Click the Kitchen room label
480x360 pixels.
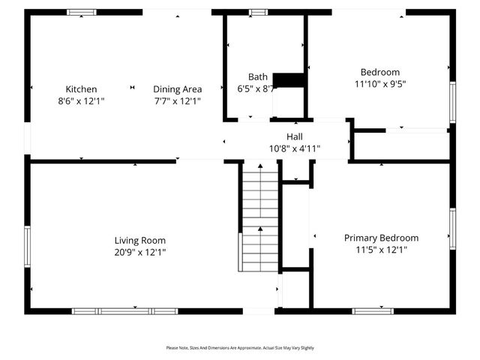(81, 89)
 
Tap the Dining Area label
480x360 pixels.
(178, 89)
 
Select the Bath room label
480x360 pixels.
(258, 76)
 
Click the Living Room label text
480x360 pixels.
(139, 240)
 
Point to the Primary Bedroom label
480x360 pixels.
(381, 238)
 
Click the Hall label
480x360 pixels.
(294, 136)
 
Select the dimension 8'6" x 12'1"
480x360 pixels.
(81, 100)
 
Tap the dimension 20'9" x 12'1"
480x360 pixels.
(139, 252)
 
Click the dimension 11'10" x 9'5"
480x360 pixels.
(381, 84)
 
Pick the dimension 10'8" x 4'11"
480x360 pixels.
(294, 148)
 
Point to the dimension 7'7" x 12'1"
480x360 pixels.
(178, 100)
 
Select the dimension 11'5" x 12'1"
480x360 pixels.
(381, 250)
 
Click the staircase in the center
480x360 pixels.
(259, 217)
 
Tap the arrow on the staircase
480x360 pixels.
(259, 229)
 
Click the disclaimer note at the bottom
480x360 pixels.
(240, 348)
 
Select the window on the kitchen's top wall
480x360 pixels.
(81, 12)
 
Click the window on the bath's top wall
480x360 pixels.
(259, 12)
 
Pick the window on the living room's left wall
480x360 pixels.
(28, 247)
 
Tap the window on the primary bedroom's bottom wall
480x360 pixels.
(373, 310)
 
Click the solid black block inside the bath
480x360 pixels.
(289, 79)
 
